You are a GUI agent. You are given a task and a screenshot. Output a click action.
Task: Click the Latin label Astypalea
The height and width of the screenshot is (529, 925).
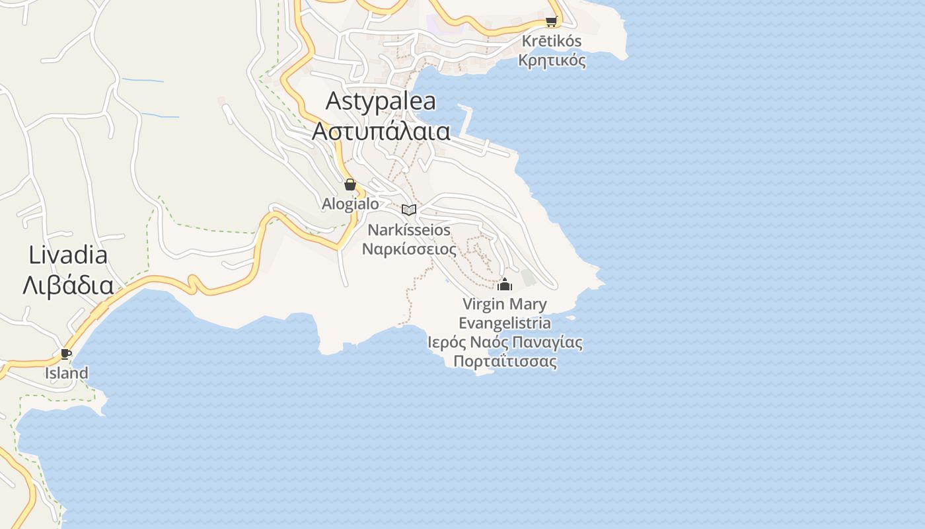coord(381,101)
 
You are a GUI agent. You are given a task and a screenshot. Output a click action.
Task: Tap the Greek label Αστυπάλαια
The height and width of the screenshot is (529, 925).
coord(381,131)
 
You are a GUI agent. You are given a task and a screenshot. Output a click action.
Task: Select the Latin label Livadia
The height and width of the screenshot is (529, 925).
coord(68,255)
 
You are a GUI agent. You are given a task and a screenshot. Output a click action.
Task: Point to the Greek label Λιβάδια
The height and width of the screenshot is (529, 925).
coord(68,285)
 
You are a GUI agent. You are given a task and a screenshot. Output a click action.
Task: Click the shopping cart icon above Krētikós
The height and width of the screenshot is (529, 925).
coord(551,21)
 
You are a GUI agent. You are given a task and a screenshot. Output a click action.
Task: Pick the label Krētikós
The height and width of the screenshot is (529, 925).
coord(552,41)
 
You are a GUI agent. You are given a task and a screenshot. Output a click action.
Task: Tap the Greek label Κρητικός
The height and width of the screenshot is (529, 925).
coord(552,60)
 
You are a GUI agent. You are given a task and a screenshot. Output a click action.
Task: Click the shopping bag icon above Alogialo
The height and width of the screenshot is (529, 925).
coord(350,184)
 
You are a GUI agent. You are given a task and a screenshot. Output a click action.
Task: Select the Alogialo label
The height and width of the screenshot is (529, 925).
coord(350,204)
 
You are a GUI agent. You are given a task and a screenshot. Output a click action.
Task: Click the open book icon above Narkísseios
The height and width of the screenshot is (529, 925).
coord(409,210)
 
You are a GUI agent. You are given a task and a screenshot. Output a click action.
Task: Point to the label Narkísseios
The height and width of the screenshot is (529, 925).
coord(409,230)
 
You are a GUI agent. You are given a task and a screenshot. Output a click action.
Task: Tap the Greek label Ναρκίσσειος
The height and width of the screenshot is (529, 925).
coord(409,249)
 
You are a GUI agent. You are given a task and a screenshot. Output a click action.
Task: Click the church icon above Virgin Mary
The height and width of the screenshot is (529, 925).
coord(505,285)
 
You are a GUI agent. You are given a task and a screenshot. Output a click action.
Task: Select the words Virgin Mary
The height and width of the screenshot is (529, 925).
coord(505,304)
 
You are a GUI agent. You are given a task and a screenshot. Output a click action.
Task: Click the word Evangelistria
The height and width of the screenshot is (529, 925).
coord(505,323)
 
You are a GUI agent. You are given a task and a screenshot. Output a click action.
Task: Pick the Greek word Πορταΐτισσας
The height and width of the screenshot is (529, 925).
coord(505,362)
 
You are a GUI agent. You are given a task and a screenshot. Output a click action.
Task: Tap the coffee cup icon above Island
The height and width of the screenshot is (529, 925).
coord(66,354)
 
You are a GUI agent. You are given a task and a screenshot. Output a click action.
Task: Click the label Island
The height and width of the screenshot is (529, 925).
coord(66,373)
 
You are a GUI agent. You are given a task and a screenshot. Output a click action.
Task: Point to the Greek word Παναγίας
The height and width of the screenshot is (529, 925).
coord(546,343)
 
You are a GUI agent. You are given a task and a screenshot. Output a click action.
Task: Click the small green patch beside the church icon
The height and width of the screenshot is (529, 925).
coord(528,278)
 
